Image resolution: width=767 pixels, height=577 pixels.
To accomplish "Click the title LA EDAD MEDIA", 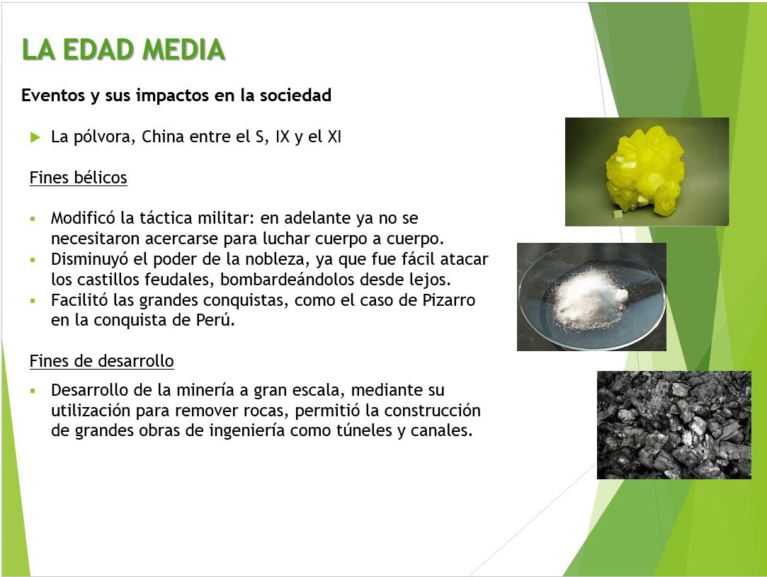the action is click(123, 50).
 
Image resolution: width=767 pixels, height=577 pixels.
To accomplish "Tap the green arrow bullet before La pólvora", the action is click(35, 137).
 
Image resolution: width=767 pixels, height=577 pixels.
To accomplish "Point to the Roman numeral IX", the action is click(283, 137).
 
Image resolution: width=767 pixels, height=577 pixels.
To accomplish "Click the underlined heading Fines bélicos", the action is click(79, 178).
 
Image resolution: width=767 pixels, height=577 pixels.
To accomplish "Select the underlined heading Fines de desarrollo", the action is click(102, 361).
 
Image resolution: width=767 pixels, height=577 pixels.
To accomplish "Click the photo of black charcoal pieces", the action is click(674, 425).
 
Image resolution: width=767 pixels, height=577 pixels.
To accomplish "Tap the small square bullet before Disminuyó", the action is click(33, 260).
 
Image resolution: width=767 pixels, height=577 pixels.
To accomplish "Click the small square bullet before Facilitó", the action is click(33, 301).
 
